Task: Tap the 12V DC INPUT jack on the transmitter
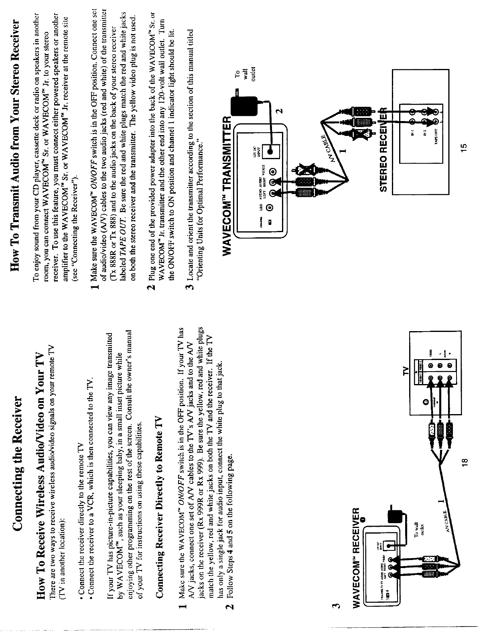tap(272, 153)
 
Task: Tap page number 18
tap(464, 462)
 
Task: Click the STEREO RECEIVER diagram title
tap(387, 148)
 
